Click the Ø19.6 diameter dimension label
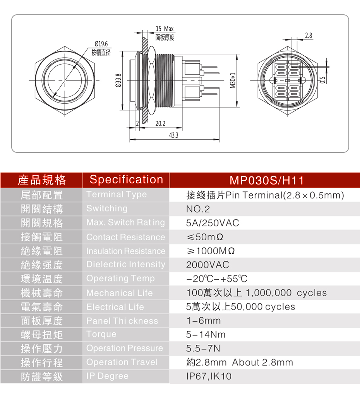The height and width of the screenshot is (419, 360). (101, 44)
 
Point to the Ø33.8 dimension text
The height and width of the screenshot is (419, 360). (118, 80)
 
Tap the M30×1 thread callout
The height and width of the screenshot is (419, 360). (233, 80)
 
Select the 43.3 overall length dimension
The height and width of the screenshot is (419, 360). (173, 135)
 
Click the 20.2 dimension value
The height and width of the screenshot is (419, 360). (160, 123)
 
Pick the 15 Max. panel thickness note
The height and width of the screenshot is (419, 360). (165, 29)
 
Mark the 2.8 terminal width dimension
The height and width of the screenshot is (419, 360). (309, 36)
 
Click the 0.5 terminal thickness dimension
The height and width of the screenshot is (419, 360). (322, 80)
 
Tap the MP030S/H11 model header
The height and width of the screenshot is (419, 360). (267, 180)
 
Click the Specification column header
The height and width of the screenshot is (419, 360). (126, 180)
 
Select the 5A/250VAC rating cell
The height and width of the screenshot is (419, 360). (213, 223)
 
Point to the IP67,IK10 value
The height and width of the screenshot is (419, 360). (209, 376)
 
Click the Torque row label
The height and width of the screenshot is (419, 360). (101, 334)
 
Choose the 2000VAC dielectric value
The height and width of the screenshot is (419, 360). (207, 265)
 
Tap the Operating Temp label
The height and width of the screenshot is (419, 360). (120, 279)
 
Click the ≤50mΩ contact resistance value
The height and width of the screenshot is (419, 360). (205, 237)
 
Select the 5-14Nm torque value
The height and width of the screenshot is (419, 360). (206, 335)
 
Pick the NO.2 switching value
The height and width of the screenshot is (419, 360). (198, 209)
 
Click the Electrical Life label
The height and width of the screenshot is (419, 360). (115, 307)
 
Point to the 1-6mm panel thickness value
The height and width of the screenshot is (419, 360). (204, 321)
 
